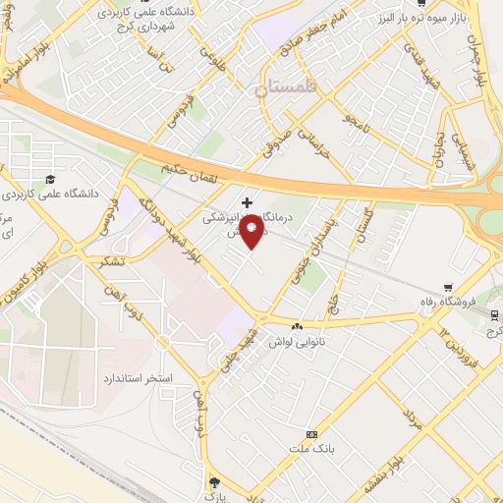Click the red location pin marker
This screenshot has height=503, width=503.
252,233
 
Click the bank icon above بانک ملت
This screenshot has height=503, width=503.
312,434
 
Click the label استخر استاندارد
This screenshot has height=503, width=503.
139,377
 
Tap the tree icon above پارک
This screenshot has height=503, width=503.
215,480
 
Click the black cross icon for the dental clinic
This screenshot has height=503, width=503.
246,200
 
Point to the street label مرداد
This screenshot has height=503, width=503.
412,417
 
